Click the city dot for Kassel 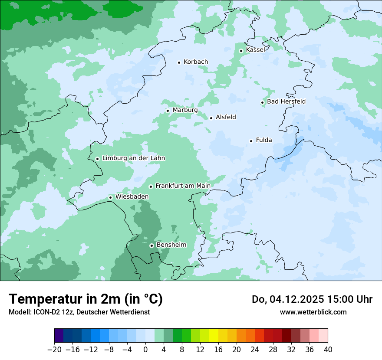[241, 51]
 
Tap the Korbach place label [195, 62]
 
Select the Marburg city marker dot [168, 111]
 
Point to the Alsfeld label [226, 117]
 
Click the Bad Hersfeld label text [286, 101]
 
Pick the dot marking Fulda [251, 141]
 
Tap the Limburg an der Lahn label [133, 158]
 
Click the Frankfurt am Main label [183, 186]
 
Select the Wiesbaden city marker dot [111, 197]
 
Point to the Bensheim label [171, 245]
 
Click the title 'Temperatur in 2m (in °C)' [86, 299]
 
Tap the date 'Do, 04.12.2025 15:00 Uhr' [312, 299]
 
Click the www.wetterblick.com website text [313, 312]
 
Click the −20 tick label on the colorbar [54, 350]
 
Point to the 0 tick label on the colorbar [145, 350]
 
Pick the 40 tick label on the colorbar [328, 350]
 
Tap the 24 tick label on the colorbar [255, 350]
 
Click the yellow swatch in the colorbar [214, 336]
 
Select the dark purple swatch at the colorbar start [59, 336]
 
